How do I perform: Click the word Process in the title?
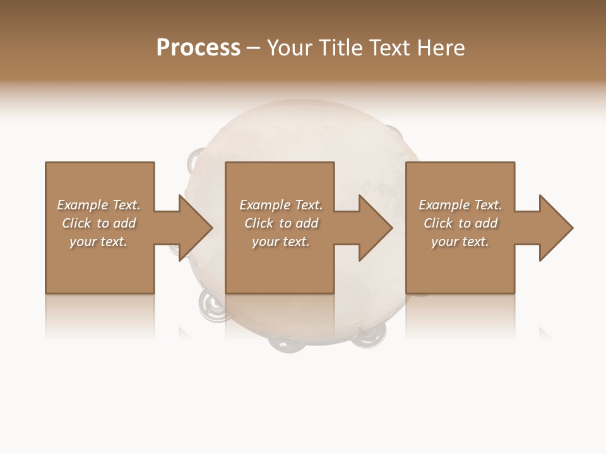[x=198, y=48]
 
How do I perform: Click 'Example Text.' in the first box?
[x=98, y=205]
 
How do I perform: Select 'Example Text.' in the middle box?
[x=281, y=205]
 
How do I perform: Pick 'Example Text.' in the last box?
[x=460, y=205]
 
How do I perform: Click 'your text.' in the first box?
[x=98, y=242]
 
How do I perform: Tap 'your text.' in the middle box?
[x=281, y=242]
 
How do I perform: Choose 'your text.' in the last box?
[x=460, y=242]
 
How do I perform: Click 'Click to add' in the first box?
[x=98, y=223]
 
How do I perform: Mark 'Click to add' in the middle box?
[x=281, y=223]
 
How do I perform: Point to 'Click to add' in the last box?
[x=460, y=223]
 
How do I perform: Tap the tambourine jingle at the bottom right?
[x=366, y=338]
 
